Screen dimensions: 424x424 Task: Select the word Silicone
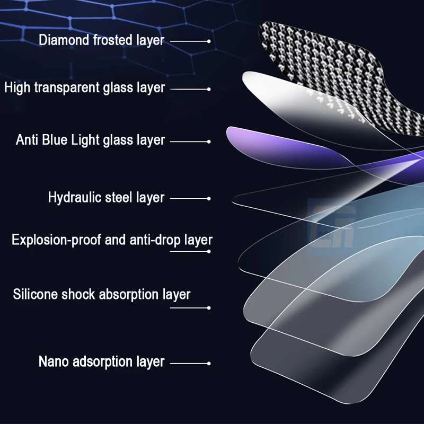tap(36, 294)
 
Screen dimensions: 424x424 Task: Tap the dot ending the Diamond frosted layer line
tap(209, 41)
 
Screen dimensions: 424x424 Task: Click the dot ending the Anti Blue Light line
tap(209, 142)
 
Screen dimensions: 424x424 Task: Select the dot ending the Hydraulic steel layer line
tap(209, 199)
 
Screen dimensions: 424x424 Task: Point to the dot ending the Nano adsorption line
tap(209, 363)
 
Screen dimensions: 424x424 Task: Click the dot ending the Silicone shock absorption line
tap(209, 307)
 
